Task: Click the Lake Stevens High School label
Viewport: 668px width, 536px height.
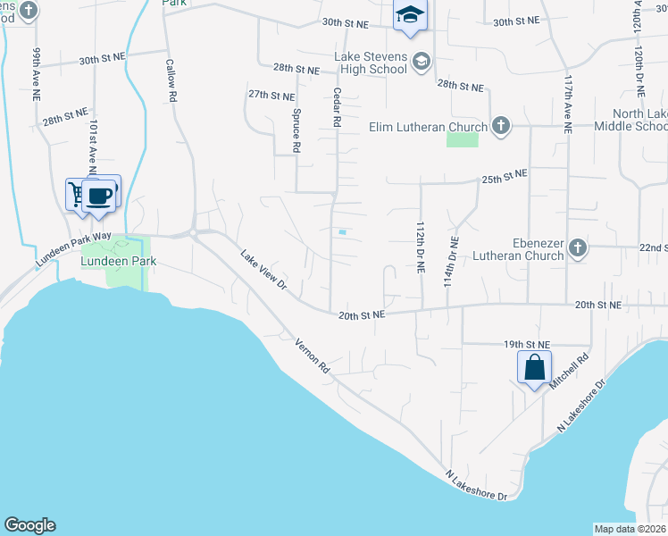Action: pyautogui.click(x=371, y=63)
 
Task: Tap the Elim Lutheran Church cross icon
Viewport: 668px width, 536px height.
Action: pyautogui.click(x=500, y=126)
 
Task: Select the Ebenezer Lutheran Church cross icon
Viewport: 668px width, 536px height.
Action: pyautogui.click(x=577, y=247)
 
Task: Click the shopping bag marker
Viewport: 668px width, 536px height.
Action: pyautogui.click(x=534, y=367)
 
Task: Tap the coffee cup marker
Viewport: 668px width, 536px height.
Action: pyautogui.click(x=100, y=196)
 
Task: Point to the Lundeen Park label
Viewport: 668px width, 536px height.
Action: pyautogui.click(x=119, y=262)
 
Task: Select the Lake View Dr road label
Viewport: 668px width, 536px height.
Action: pyautogui.click(x=263, y=269)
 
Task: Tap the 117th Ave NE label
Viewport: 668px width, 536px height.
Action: pyautogui.click(x=567, y=105)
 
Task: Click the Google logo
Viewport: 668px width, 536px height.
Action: pyautogui.click(x=29, y=525)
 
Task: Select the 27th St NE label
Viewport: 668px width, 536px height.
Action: pyautogui.click(x=271, y=95)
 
